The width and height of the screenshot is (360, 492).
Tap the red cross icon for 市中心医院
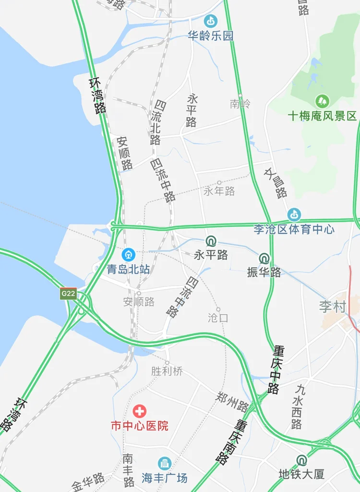(140, 411)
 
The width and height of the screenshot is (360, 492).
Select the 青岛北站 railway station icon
(128, 254)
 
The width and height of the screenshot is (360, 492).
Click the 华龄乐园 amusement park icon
(210, 21)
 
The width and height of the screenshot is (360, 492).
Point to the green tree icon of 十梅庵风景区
(322, 101)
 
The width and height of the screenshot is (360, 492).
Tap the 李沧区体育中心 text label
(294, 229)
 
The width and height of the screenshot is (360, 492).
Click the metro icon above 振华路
(264, 258)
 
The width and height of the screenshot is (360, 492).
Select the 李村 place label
(333, 307)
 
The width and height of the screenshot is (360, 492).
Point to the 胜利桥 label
(167, 371)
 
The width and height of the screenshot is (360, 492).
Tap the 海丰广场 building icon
(164, 463)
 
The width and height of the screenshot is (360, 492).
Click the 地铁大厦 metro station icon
(301, 460)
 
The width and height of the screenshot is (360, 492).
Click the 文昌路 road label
(276, 183)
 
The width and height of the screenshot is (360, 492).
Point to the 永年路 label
(219, 191)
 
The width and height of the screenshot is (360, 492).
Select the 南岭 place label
(240, 104)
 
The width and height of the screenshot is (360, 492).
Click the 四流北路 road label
(156, 123)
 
